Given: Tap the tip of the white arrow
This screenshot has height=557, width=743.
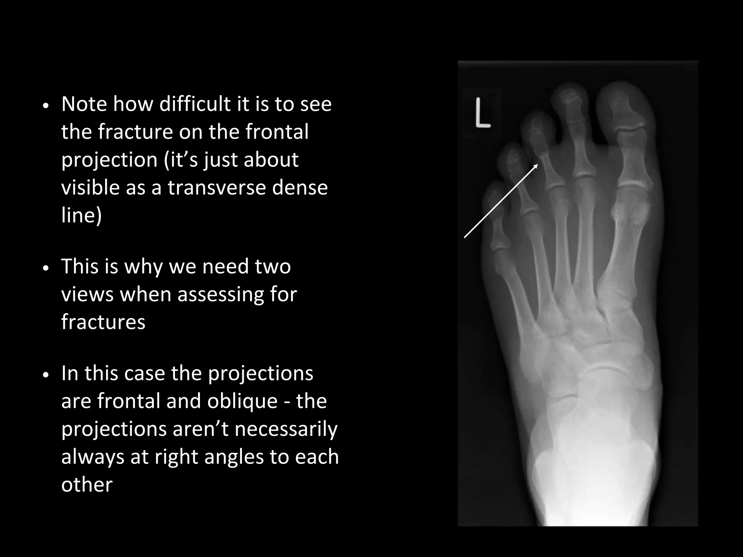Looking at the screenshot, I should [x=537, y=165].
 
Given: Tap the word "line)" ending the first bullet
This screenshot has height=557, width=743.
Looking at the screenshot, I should [x=81, y=215].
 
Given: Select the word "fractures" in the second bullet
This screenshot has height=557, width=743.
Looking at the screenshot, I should [x=103, y=322].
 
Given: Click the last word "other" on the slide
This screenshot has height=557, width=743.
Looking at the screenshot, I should [x=87, y=484].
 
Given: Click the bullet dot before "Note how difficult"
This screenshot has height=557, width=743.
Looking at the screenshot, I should [x=45, y=106].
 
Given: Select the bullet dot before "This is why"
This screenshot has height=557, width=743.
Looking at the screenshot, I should [x=45, y=268].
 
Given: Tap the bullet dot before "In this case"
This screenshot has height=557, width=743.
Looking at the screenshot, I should [x=45, y=375].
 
